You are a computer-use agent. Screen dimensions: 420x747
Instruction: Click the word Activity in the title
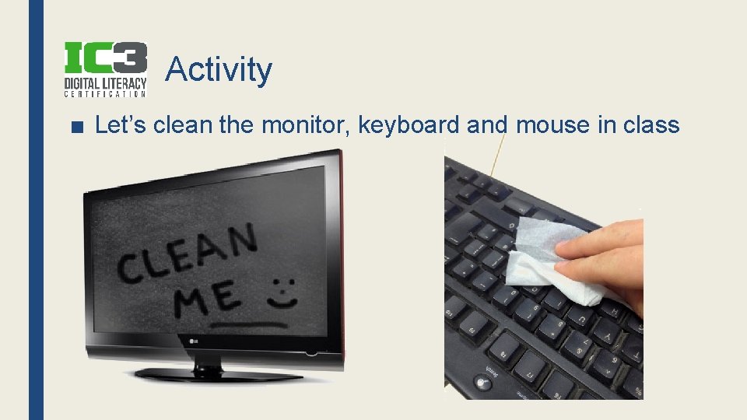click(x=219, y=69)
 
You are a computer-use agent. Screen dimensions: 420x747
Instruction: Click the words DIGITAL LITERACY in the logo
click(x=105, y=82)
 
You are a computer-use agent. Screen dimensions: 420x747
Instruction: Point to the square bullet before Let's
click(x=75, y=125)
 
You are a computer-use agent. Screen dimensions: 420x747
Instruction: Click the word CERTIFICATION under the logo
click(x=105, y=95)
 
